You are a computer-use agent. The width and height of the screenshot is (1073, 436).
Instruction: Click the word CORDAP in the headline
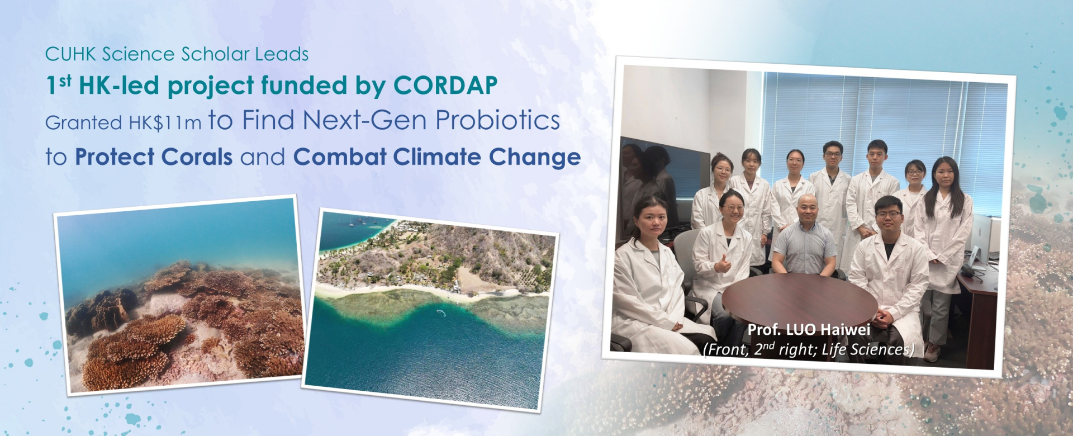[445, 86]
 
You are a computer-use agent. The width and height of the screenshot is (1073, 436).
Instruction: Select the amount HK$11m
[165, 123]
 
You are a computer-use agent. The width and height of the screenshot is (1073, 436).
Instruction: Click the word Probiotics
[497, 120]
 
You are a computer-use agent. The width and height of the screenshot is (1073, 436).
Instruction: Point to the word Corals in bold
[197, 157]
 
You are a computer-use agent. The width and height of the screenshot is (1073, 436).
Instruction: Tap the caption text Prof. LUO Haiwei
[809, 330]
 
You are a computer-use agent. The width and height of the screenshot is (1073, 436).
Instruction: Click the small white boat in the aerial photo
[441, 312]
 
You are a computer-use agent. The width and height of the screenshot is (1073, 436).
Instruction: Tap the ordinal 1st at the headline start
[59, 85]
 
